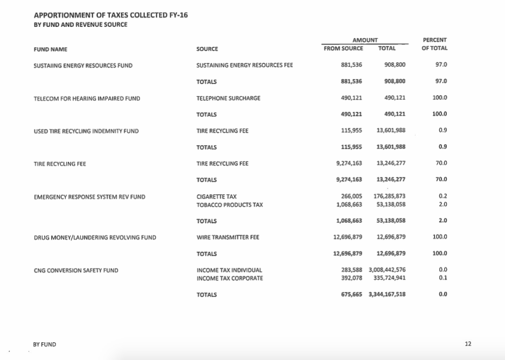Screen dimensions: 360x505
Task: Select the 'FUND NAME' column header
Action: coord(50,49)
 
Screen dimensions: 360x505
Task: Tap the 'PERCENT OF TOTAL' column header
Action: coord(434,44)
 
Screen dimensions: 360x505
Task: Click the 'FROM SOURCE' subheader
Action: coord(343,48)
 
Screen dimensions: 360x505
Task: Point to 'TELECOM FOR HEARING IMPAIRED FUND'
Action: coord(87,98)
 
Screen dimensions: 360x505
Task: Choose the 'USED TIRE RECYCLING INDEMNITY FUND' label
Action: coord(86,131)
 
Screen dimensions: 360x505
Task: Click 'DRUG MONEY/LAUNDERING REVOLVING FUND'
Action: coord(95,237)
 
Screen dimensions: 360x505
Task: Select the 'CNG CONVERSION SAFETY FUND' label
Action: coord(76,270)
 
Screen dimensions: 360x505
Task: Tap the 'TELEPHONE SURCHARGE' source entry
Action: coord(228,98)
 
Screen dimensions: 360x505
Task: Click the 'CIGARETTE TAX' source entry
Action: coord(216,197)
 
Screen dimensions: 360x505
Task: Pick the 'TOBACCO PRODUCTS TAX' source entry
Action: coord(227,204)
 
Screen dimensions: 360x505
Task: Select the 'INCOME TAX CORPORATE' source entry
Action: coord(230,278)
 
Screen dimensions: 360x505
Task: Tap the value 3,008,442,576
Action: coord(387,270)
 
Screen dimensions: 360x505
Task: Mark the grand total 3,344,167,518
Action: coord(387,294)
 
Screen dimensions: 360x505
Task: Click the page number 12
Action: coord(468,344)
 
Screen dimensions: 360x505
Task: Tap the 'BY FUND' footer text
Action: coord(44,344)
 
